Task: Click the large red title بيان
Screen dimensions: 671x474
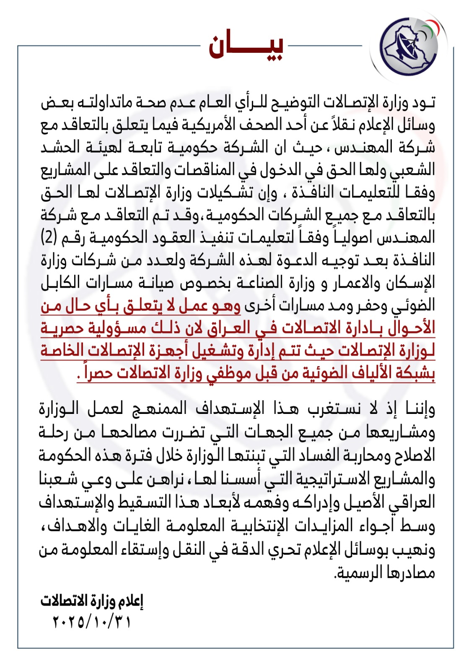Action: (x=246, y=46)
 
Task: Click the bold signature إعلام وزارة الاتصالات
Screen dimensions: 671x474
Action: (x=92, y=601)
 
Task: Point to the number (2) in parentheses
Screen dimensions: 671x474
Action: (x=49, y=238)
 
